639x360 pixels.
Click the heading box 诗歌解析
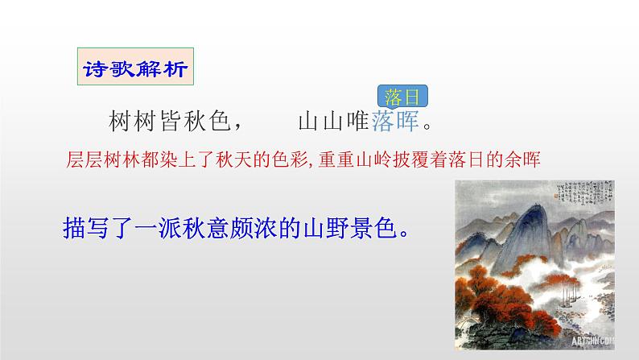[x=134, y=68]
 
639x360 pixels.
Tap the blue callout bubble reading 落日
[x=401, y=98]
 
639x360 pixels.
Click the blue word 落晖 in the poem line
[x=395, y=122]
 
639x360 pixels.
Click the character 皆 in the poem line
[x=167, y=122]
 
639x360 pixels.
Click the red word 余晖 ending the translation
[x=521, y=159]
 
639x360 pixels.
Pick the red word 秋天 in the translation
[x=228, y=159]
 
